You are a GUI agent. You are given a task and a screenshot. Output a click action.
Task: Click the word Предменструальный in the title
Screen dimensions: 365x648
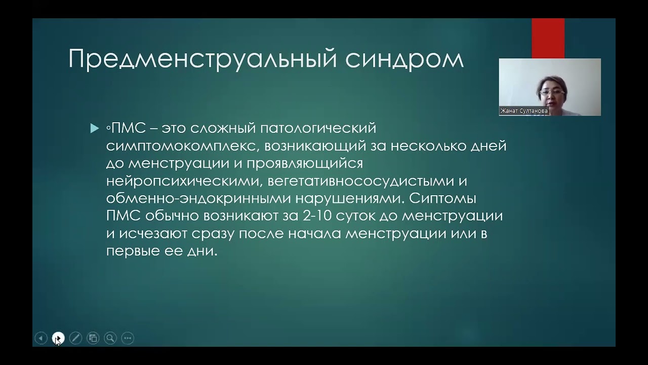pos(203,59)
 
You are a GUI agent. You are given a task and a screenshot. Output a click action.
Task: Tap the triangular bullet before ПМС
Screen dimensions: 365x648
pos(95,129)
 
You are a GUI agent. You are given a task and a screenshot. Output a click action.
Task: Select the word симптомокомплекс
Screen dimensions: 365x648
pos(183,146)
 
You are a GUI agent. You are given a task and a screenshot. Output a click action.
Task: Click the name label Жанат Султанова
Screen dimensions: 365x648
pos(524,111)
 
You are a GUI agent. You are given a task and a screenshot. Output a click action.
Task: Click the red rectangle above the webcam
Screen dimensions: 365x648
pos(548,39)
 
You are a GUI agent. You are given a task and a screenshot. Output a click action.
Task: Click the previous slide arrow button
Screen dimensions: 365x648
pos(41,338)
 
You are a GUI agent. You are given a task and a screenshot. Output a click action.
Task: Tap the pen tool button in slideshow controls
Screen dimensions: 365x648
pos(75,338)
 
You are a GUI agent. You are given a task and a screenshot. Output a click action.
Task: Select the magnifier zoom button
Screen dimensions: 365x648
pos(110,338)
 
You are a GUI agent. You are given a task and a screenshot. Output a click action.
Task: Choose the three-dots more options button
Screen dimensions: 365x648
pos(128,338)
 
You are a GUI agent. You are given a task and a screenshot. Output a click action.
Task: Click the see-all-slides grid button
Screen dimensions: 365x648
pos(93,338)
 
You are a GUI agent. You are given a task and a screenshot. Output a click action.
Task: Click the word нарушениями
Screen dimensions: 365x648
pos(352,198)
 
